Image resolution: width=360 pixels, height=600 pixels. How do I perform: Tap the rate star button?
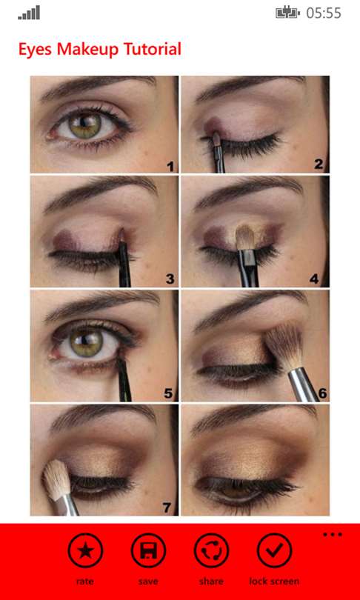[x=85, y=550]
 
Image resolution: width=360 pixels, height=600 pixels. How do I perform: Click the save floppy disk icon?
[x=148, y=550]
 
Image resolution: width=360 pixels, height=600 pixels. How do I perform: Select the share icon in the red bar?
[x=211, y=550]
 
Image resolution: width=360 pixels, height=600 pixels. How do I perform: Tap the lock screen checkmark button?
[x=274, y=550]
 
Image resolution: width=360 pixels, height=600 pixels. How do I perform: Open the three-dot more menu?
[x=333, y=534]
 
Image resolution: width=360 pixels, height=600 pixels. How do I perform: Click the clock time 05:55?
[x=324, y=13]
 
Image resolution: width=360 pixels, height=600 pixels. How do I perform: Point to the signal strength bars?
[x=29, y=13]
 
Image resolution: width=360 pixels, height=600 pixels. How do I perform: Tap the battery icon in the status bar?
[x=287, y=13]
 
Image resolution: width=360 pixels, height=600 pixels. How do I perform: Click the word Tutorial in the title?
[x=152, y=50]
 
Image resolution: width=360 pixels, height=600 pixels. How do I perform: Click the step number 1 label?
[x=170, y=166]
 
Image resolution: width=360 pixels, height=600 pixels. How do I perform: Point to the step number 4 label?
[x=314, y=279]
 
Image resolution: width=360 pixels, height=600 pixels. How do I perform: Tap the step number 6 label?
[x=323, y=393]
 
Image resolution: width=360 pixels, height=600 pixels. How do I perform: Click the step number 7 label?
[x=167, y=507]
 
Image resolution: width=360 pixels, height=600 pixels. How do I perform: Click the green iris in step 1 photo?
[x=85, y=125]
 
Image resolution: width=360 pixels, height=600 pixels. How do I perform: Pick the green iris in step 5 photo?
[x=87, y=343]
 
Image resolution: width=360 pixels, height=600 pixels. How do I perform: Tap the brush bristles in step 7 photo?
[x=56, y=479]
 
